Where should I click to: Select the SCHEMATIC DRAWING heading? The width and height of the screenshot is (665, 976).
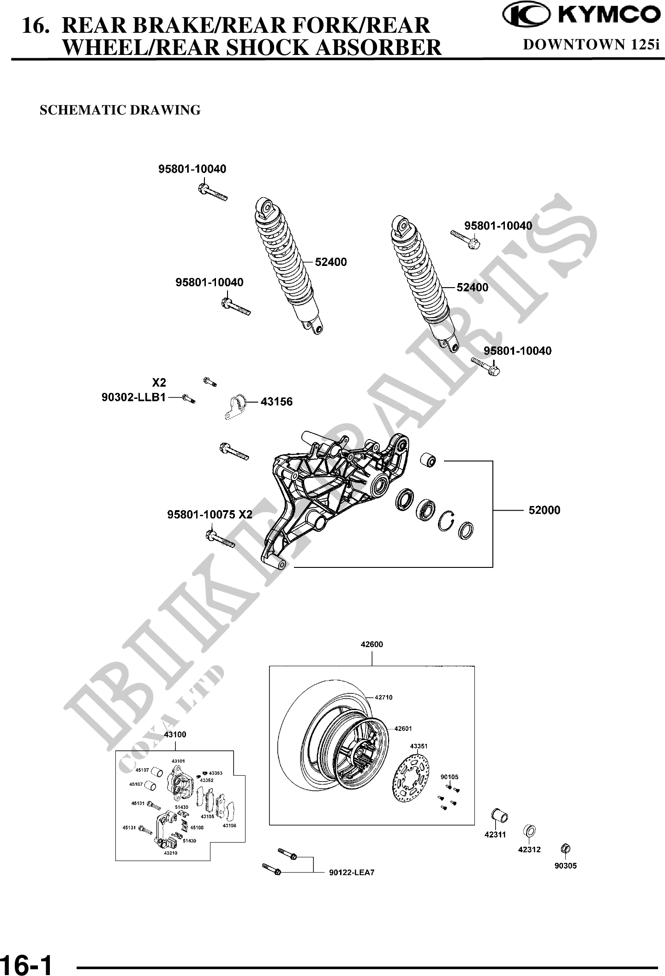click(x=120, y=110)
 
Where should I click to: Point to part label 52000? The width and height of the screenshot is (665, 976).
click(x=544, y=510)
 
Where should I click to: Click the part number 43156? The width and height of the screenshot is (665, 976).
click(x=276, y=402)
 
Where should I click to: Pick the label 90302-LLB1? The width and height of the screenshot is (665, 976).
click(x=133, y=397)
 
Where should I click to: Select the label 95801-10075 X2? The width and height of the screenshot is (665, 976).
click(x=210, y=514)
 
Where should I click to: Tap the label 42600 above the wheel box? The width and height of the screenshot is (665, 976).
click(x=371, y=645)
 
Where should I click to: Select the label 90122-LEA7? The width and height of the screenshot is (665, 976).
click(x=351, y=873)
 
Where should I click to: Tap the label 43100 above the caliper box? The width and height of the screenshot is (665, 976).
click(x=175, y=735)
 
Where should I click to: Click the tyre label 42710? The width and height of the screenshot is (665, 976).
click(x=383, y=698)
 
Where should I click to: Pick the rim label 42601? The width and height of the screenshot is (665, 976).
click(x=402, y=729)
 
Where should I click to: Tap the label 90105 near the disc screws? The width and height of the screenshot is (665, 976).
click(x=449, y=777)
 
